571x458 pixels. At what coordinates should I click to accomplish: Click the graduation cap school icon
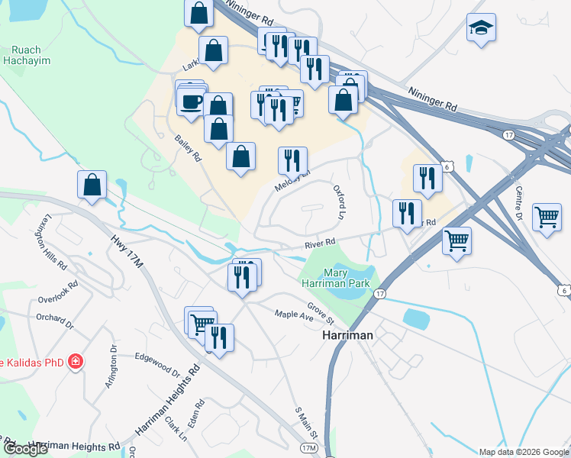(481, 28)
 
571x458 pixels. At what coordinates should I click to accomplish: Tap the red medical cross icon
(75, 360)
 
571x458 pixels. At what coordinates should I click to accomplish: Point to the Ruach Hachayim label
(27, 57)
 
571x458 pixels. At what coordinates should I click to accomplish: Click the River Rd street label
(320, 244)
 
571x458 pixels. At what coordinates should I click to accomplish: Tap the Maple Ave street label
(294, 314)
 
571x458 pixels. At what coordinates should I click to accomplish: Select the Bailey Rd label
(187, 148)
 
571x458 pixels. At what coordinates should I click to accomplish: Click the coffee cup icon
(191, 102)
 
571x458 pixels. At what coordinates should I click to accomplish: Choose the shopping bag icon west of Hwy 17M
(92, 185)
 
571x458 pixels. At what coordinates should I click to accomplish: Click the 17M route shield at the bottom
(308, 447)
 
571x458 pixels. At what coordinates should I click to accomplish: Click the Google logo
(25, 449)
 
